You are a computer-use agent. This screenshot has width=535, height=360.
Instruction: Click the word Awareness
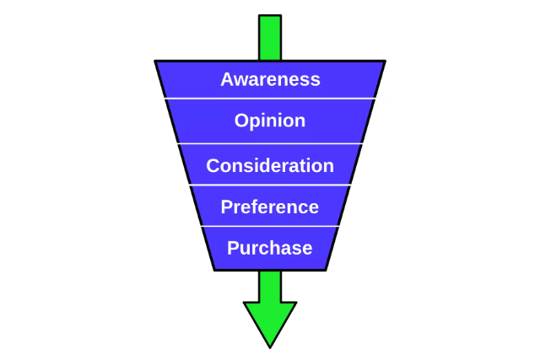pyautogui.click(x=270, y=79)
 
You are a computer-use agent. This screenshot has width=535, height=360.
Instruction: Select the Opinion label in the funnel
pyautogui.click(x=270, y=121)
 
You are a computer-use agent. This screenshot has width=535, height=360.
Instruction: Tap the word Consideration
pyautogui.click(x=270, y=165)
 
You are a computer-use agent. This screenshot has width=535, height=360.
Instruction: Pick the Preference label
pyautogui.click(x=270, y=207)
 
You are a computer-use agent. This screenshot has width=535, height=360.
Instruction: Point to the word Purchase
pyautogui.click(x=270, y=248)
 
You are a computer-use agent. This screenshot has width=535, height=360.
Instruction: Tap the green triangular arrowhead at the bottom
pyautogui.click(x=270, y=320)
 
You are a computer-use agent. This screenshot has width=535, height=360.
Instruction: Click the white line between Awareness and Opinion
pyautogui.click(x=270, y=99)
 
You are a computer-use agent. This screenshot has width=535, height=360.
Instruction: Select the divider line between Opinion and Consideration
pyautogui.click(x=270, y=143)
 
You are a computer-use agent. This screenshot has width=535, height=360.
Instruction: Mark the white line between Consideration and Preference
pyautogui.click(x=270, y=185)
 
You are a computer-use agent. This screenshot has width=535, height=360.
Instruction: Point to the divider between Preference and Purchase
pyautogui.click(x=270, y=226)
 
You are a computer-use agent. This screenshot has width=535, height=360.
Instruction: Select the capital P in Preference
pyautogui.click(x=226, y=207)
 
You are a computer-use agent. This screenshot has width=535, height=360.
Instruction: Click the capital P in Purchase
pyautogui.click(x=233, y=248)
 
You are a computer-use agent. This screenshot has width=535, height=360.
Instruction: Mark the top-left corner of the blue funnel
pyautogui.click(x=156, y=62)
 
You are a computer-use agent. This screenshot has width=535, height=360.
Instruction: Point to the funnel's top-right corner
pyautogui.click(x=385, y=62)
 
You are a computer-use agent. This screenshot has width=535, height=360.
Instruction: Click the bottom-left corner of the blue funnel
pyautogui.click(x=215, y=269)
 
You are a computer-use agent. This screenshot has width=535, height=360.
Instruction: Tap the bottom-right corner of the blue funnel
pyautogui.click(x=326, y=269)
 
